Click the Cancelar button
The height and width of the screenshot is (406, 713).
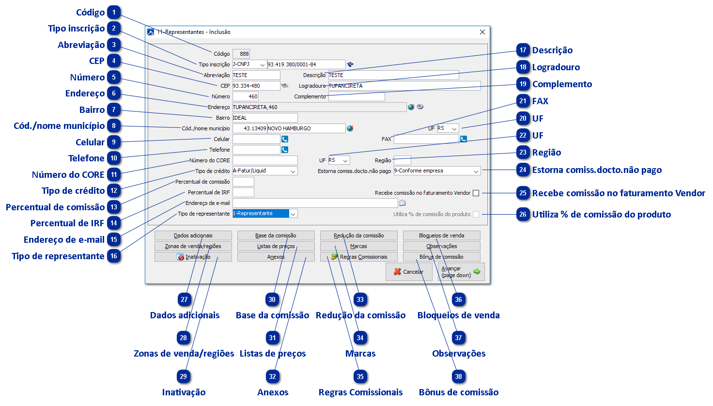pyautogui.click(x=409, y=272)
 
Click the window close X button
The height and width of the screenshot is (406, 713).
pyautogui.click(x=482, y=32)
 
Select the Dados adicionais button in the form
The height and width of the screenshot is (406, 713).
pyautogui.click(x=193, y=235)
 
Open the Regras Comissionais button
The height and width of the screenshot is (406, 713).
pyautogui.click(x=358, y=257)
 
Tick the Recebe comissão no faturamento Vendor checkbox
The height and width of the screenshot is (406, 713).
pyautogui.click(x=476, y=193)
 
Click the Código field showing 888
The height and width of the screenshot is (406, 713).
pyautogui.click(x=241, y=54)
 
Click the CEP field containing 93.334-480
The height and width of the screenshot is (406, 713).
pyautogui.click(x=256, y=86)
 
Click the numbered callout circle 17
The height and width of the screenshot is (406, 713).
pyautogui.click(x=523, y=50)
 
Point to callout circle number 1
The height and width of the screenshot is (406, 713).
pyautogui.click(x=114, y=13)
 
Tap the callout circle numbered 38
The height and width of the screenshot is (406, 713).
pyautogui.click(x=458, y=376)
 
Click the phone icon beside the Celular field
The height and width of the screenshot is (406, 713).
pyautogui.click(x=285, y=140)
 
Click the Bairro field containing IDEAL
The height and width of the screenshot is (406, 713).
pyautogui.click(x=264, y=118)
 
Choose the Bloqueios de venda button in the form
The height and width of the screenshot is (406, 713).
pyautogui.click(x=441, y=235)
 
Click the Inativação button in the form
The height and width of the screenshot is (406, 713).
pyautogui.click(x=193, y=257)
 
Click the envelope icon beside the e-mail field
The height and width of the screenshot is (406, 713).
pyautogui.click(x=402, y=203)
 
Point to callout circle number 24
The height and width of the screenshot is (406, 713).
pyautogui.click(x=523, y=170)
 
